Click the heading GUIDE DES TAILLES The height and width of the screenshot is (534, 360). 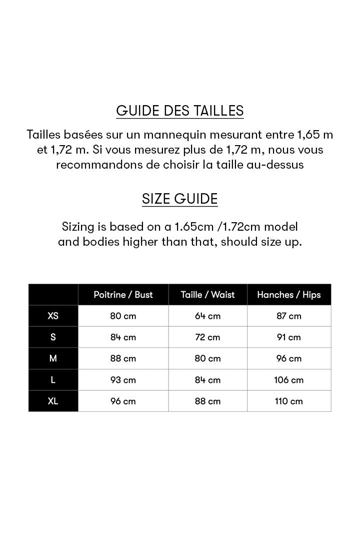180,110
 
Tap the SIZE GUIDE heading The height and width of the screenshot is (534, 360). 180,199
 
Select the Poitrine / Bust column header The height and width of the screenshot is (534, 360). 123,295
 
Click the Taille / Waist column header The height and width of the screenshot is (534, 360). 207,295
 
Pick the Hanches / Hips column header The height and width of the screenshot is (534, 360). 289,295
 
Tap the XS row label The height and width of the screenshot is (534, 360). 53,316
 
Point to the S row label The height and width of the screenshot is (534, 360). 53,337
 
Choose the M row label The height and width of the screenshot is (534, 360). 53,358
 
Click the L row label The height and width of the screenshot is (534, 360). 53,380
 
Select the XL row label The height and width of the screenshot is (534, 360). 53,401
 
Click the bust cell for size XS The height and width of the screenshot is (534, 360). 123,316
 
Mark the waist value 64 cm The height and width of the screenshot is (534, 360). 207,316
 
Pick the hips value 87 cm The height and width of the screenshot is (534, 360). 289,316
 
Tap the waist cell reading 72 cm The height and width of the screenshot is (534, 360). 207,337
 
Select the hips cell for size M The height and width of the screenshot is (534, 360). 289,358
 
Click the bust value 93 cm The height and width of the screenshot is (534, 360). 123,380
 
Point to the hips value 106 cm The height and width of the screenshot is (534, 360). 289,380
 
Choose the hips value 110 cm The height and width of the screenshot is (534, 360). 289,401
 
